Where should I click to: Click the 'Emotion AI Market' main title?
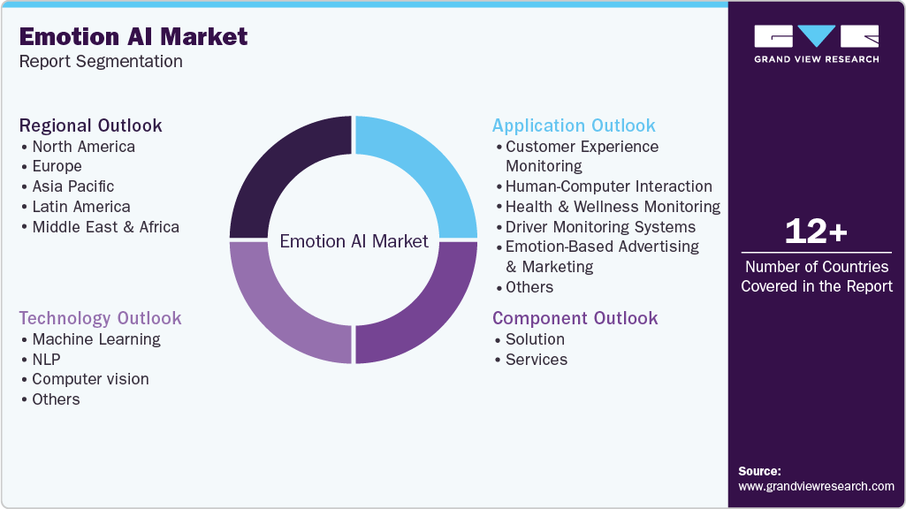coord(133,36)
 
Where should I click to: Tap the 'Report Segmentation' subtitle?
coord(101,61)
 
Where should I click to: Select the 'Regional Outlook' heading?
coord(90,125)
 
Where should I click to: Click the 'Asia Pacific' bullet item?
coord(72,186)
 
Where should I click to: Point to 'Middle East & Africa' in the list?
coord(106,227)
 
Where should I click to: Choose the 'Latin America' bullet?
coord(81,207)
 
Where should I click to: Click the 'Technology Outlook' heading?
coord(100,318)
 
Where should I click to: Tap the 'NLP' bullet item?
coord(46,360)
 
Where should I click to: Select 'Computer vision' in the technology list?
coord(91,379)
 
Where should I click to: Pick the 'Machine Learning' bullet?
coord(96,339)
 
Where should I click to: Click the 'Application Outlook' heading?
coord(574,125)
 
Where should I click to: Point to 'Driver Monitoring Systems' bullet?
coord(600,227)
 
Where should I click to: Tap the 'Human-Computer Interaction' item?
coord(609,186)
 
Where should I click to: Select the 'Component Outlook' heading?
coord(575,318)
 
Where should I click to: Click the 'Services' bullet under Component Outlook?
coord(537,360)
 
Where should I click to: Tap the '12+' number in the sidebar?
coord(816,232)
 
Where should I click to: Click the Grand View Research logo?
coord(817,43)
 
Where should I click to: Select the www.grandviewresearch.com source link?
coord(816,487)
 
